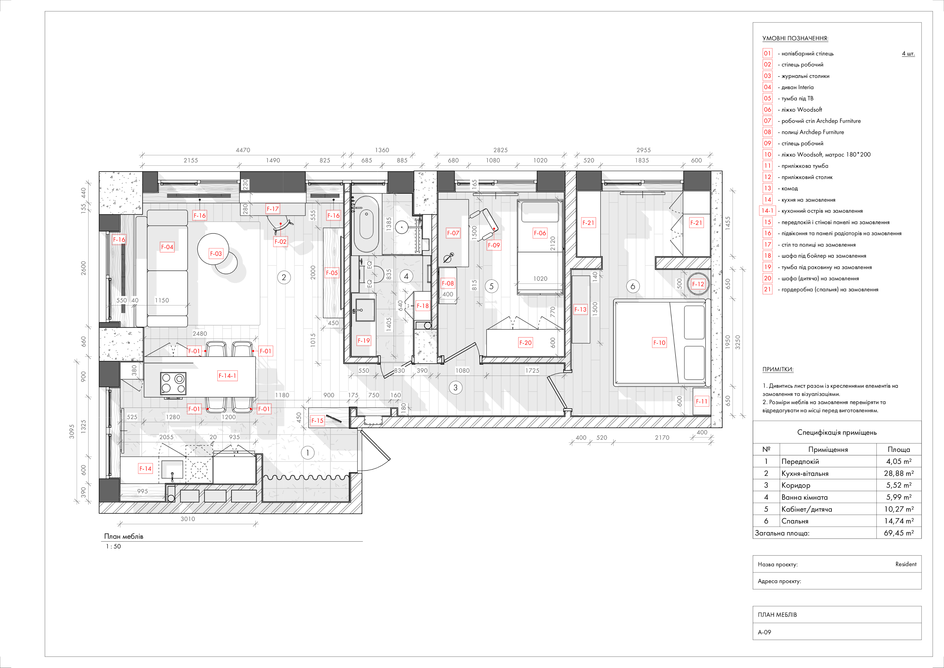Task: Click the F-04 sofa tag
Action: tap(167, 247)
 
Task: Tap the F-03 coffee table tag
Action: tap(216, 253)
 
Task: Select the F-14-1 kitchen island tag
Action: tap(227, 376)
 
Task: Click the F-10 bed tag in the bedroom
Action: tap(659, 343)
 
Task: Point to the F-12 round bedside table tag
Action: tap(698, 284)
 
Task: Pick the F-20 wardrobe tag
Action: tap(525, 343)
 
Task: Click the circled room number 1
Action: tap(307, 453)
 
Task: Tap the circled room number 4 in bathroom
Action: tap(406, 276)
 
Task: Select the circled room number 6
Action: tap(633, 286)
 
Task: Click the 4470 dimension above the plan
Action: tap(243, 150)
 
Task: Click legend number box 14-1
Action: tap(767, 211)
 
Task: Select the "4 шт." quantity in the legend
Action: tap(908, 54)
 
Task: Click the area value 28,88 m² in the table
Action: tap(899, 473)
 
